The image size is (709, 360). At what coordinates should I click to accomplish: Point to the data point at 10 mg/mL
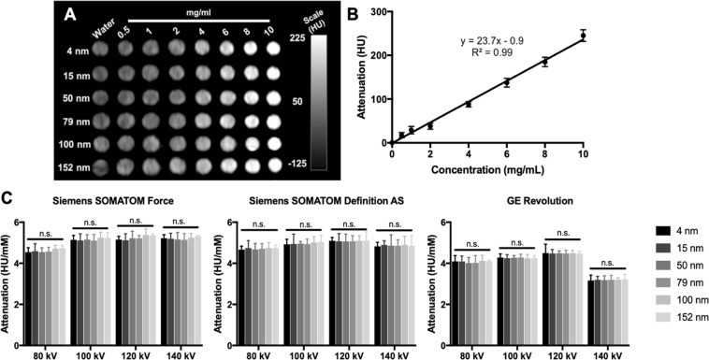[x=583, y=36]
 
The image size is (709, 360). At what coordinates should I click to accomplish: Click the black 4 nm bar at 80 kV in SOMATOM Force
[x=29, y=295]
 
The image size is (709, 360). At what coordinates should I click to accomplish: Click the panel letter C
[x=8, y=199]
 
